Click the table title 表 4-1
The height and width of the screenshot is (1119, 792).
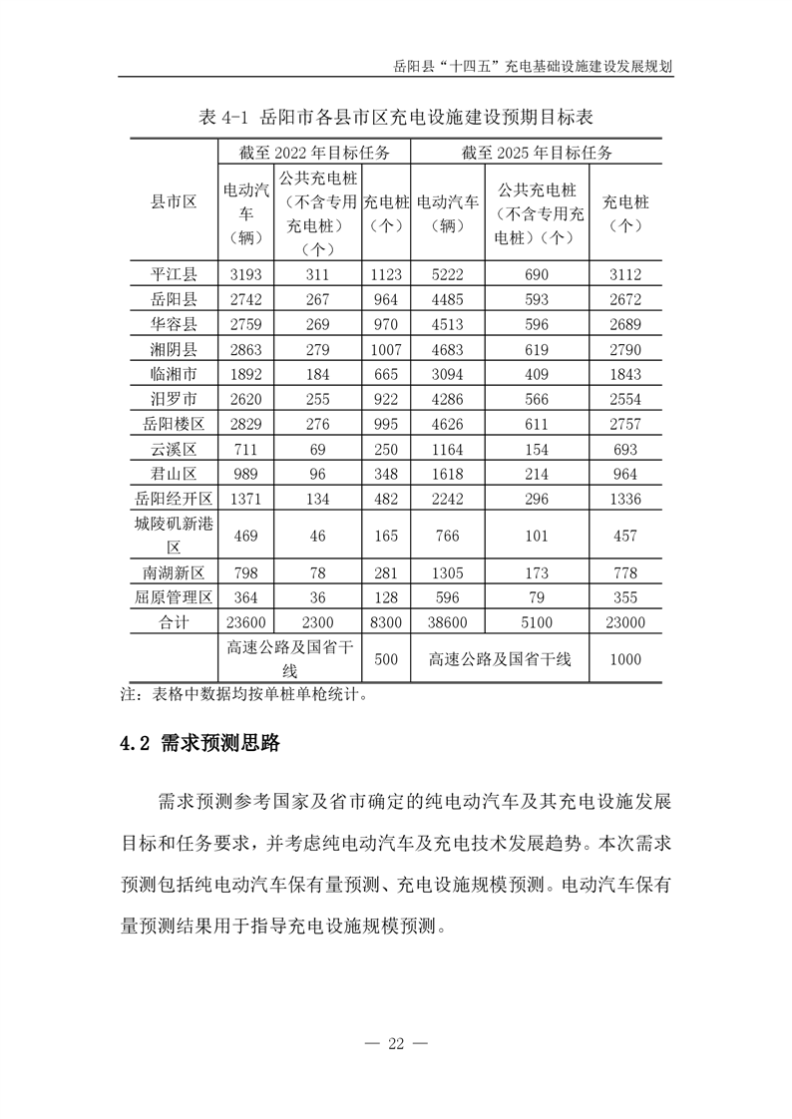coord(396,118)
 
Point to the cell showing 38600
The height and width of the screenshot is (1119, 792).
coord(447,622)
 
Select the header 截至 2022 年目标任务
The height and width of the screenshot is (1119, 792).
coord(313,153)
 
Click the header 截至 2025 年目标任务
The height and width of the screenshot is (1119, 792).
coord(536,153)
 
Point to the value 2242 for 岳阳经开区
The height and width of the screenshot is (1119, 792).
coord(447,499)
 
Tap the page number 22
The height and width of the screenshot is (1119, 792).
coord(396,1044)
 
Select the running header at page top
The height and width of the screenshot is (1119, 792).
coord(532,67)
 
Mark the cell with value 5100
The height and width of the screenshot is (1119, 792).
coord(536,622)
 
